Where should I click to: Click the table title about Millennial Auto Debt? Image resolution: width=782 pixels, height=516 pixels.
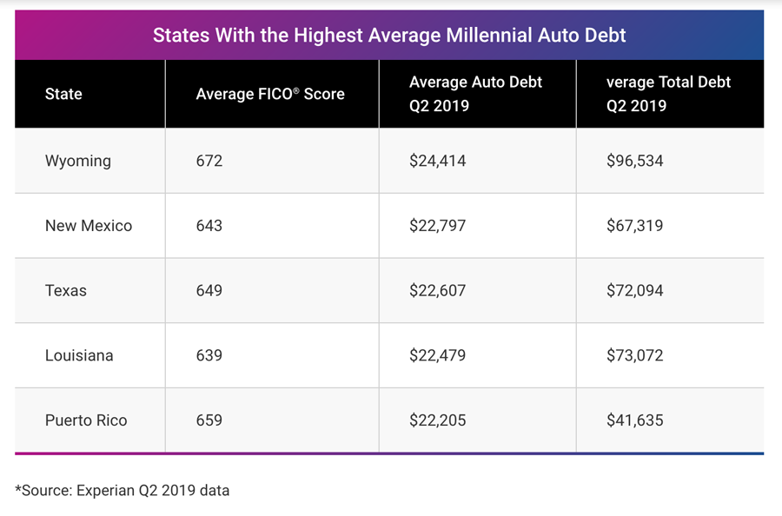pyautogui.click(x=389, y=36)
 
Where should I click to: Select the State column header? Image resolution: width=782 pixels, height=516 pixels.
pyautogui.click(x=63, y=94)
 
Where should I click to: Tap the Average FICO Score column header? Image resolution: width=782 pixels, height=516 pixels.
pyautogui.click(x=270, y=94)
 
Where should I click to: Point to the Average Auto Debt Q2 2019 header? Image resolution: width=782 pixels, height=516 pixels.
pyautogui.click(x=475, y=94)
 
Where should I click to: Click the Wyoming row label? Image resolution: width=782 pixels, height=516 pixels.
pyautogui.click(x=78, y=161)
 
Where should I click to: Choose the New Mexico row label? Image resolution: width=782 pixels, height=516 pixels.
pyautogui.click(x=89, y=226)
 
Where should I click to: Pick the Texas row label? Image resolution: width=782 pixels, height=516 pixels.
pyautogui.click(x=66, y=290)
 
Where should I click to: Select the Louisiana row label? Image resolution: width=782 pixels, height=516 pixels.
pyautogui.click(x=79, y=355)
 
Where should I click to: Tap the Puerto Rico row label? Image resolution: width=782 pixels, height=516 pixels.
pyautogui.click(x=86, y=420)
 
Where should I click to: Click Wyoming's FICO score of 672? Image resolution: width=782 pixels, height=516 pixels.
pyautogui.click(x=209, y=161)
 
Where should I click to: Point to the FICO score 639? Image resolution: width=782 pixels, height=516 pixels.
pyautogui.click(x=209, y=355)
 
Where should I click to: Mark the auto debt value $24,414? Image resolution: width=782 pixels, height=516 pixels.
pyautogui.click(x=438, y=161)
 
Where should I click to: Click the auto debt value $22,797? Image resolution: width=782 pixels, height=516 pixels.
pyautogui.click(x=438, y=226)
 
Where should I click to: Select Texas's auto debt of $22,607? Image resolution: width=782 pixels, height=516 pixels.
pyautogui.click(x=438, y=290)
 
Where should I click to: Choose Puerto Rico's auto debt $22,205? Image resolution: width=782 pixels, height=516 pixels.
pyautogui.click(x=438, y=420)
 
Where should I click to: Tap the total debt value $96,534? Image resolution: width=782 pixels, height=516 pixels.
pyautogui.click(x=635, y=161)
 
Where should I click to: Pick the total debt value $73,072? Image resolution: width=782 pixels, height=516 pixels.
pyautogui.click(x=635, y=355)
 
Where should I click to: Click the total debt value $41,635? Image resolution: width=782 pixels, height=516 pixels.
pyautogui.click(x=635, y=420)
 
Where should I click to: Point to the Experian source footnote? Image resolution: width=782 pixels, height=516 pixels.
pyautogui.click(x=123, y=490)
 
